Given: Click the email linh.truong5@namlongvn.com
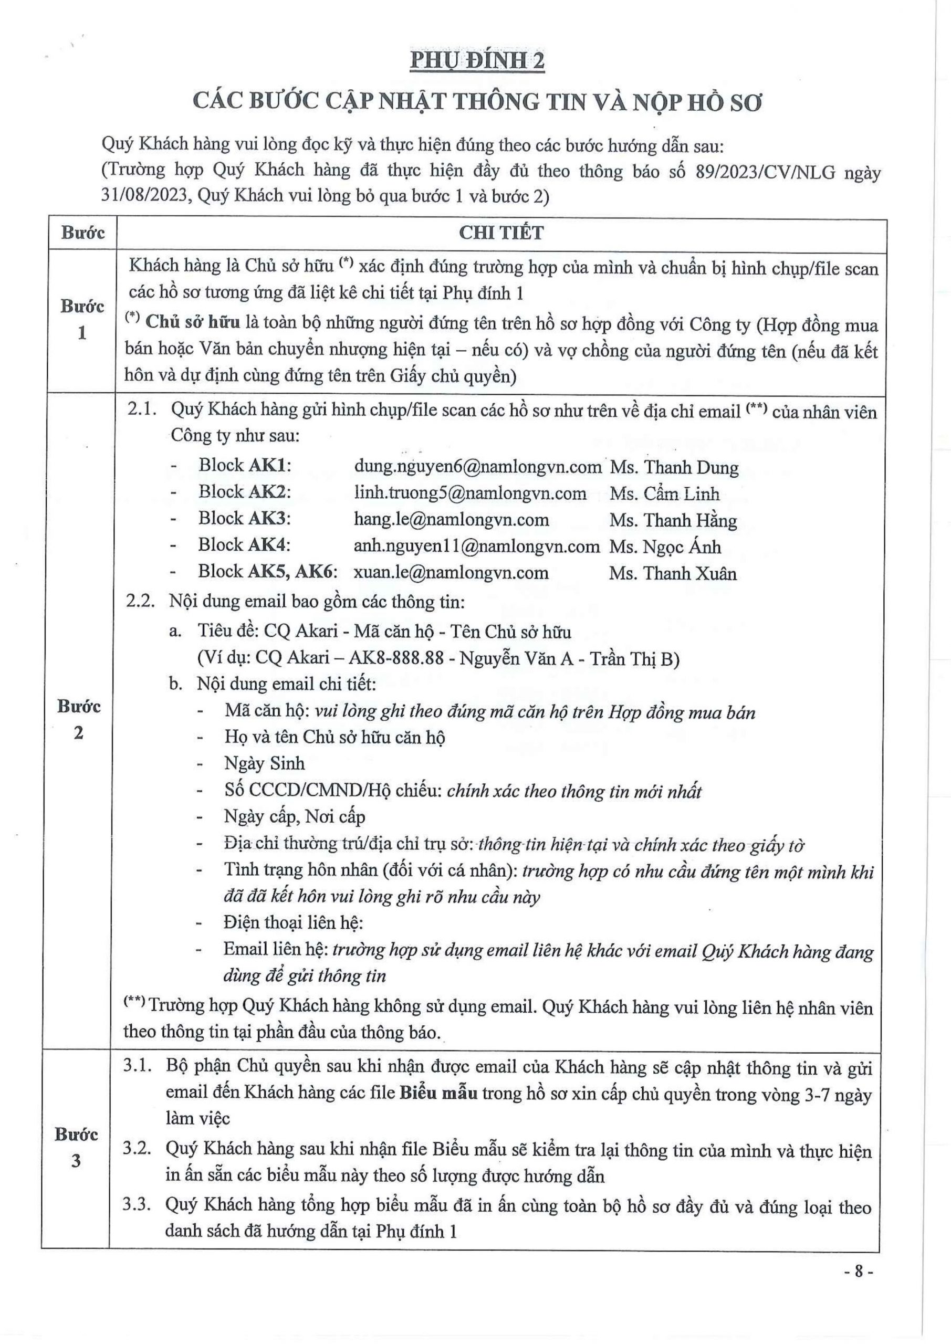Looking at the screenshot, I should pyautogui.click(x=469, y=493).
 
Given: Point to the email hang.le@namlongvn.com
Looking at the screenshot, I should pyautogui.click(x=451, y=519).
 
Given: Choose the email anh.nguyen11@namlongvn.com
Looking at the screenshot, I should pyautogui.click(x=477, y=546).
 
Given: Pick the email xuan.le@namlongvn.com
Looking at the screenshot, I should pyautogui.click(x=451, y=572).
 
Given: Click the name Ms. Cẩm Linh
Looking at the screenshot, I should pyautogui.click(x=664, y=493).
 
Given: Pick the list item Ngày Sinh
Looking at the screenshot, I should pyautogui.click(x=264, y=763).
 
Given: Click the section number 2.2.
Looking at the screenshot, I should pyautogui.click(x=140, y=601).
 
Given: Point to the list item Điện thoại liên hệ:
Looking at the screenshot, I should pyautogui.click(x=294, y=922).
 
